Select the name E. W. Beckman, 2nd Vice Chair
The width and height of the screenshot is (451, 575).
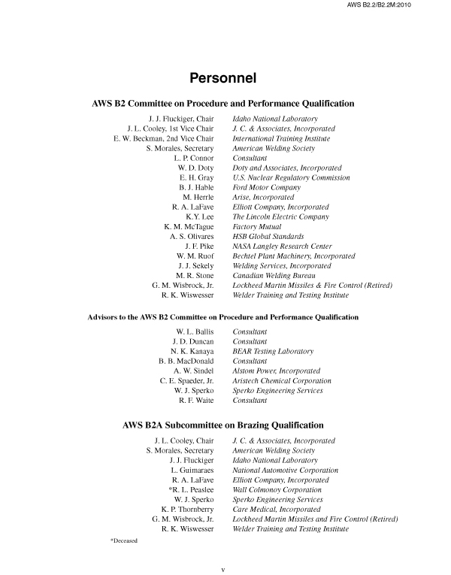click(163, 138)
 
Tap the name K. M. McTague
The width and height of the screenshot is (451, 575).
click(189, 226)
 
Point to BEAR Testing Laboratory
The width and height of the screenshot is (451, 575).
click(273, 351)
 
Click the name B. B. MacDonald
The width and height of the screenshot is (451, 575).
click(186, 361)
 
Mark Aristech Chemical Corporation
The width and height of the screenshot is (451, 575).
click(282, 380)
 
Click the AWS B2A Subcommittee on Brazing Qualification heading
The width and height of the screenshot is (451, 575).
click(223, 425)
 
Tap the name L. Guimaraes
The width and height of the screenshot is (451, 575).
click(192, 470)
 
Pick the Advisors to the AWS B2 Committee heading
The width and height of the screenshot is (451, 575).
click(223, 317)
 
